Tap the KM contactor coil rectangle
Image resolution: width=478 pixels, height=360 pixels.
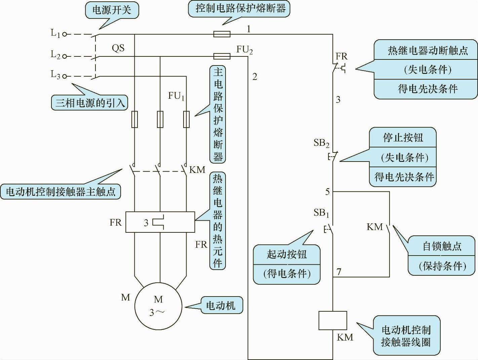pyautogui.click(x=332, y=320)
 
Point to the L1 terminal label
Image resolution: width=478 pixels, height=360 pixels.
pyautogui.click(x=55, y=33)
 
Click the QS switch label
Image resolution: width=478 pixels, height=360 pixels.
pyautogui.click(x=118, y=48)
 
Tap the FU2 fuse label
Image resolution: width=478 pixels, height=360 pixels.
pyautogui.click(x=244, y=50)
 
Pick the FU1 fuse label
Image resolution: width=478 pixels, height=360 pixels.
pyautogui.click(x=176, y=96)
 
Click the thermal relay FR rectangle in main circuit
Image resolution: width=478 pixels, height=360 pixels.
pyautogui.click(x=160, y=222)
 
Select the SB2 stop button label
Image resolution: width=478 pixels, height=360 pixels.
pyautogui.click(x=321, y=143)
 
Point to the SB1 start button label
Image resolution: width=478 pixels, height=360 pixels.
pyautogui.click(x=321, y=213)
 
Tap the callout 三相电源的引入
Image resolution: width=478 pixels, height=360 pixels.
pyautogui.click(x=90, y=102)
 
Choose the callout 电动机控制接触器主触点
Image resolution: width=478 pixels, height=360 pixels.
pyautogui.click(x=61, y=192)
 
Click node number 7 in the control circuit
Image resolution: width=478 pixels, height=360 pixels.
pyautogui.click(x=339, y=272)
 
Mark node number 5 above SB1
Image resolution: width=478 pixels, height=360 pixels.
pyautogui.click(x=327, y=192)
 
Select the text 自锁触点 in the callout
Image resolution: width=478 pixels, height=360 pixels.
pyautogui.click(x=442, y=246)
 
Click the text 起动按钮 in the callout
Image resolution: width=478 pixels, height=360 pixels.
pyautogui.click(x=287, y=254)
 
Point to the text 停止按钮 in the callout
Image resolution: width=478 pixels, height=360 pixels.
pyautogui.click(x=403, y=137)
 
